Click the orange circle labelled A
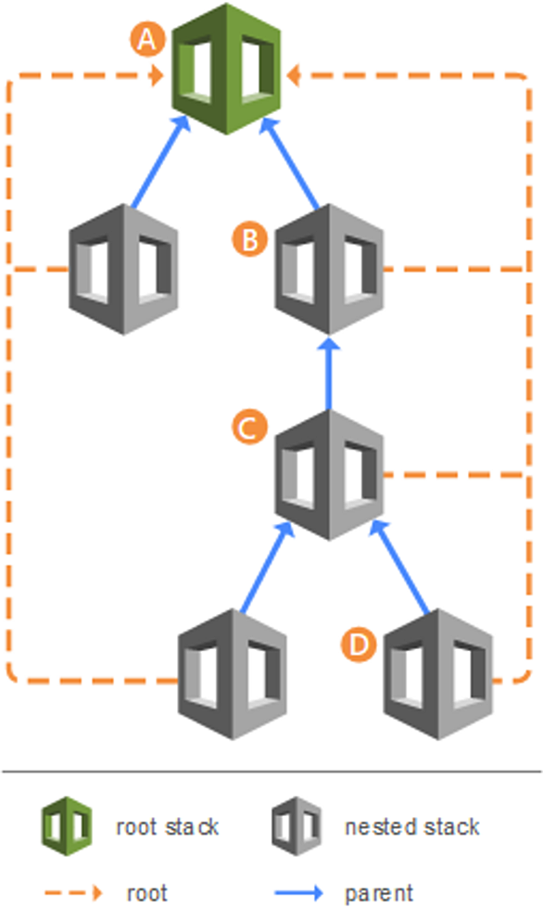(147, 39)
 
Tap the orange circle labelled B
(250, 239)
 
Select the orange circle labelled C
(250, 427)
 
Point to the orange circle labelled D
(359, 645)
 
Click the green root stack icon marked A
(226, 69)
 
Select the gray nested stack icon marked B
(329, 269)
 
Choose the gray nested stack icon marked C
(329, 475)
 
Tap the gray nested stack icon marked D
(438, 674)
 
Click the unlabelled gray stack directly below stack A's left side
(123, 269)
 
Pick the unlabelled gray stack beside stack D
(233, 674)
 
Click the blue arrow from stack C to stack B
(329, 373)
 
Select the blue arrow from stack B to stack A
(290, 162)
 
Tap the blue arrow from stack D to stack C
(399, 567)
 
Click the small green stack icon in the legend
(67, 826)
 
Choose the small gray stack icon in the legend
(297, 826)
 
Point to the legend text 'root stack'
(167, 827)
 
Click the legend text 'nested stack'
(412, 827)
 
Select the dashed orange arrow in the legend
(74, 893)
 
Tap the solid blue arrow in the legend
(299, 893)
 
